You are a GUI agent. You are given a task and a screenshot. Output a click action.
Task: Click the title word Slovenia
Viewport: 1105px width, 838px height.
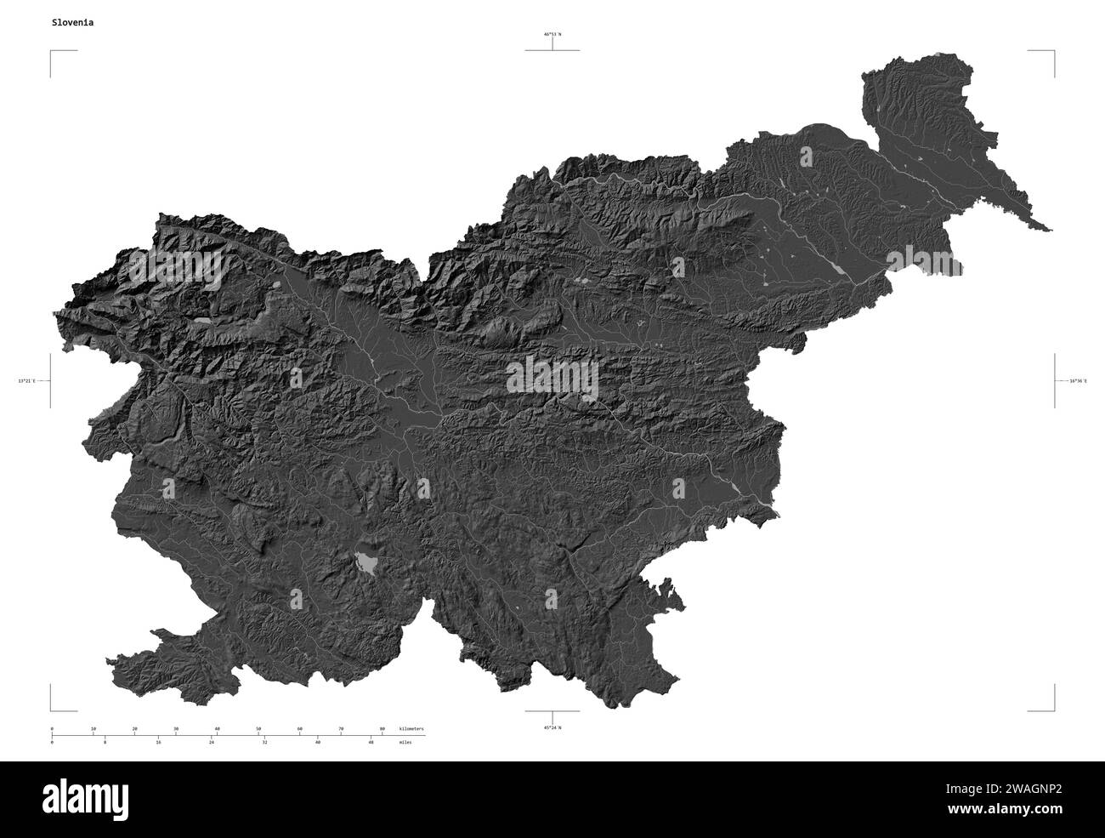pyautogui.click(x=72, y=23)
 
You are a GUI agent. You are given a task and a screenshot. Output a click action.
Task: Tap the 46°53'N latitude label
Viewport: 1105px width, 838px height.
pyautogui.click(x=552, y=35)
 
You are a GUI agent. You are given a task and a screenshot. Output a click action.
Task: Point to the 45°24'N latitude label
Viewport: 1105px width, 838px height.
pyautogui.click(x=552, y=728)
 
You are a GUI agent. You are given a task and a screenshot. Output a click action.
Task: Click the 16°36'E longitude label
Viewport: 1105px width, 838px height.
pyautogui.click(x=1078, y=381)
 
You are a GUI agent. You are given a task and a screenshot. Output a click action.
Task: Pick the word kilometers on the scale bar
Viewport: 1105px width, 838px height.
pyautogui.click(x=411, y=729)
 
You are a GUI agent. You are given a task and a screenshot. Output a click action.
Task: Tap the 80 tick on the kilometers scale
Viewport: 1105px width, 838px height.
pyautogui.click(x=382, y=729)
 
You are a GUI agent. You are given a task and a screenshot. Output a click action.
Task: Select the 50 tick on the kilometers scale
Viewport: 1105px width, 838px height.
pyautogui.click(x=258, y=729)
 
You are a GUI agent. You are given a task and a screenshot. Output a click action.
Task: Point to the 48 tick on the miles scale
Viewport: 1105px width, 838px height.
pyautogui.click(x=371, y=743)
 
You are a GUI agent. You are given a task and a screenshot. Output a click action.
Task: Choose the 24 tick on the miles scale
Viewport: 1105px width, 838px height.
pyautogui.click(x=212, y=743)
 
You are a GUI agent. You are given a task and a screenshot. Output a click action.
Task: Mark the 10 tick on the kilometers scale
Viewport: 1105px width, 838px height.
pyautogui.click(x=93, y=729)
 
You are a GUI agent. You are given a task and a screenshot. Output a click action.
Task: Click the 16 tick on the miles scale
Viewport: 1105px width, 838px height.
pyautogui.click(x=158, y=743)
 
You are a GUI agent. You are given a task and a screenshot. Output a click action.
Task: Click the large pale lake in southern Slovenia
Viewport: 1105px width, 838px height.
pyautogui.click(x=366, y=562)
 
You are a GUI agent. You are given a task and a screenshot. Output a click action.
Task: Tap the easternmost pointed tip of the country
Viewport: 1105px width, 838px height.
pyautogui.click(x=1050, y=230)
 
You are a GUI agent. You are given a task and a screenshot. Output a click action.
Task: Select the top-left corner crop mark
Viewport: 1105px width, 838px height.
pyautogui.click(x=53, y=53)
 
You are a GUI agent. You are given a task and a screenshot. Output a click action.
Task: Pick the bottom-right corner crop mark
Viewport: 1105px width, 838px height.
pyautogui.click(x=1052, y=708)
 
